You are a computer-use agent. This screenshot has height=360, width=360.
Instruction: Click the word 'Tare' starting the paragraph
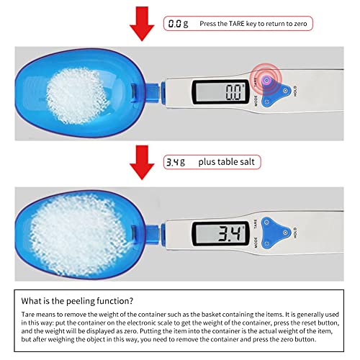click(28, 315)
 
